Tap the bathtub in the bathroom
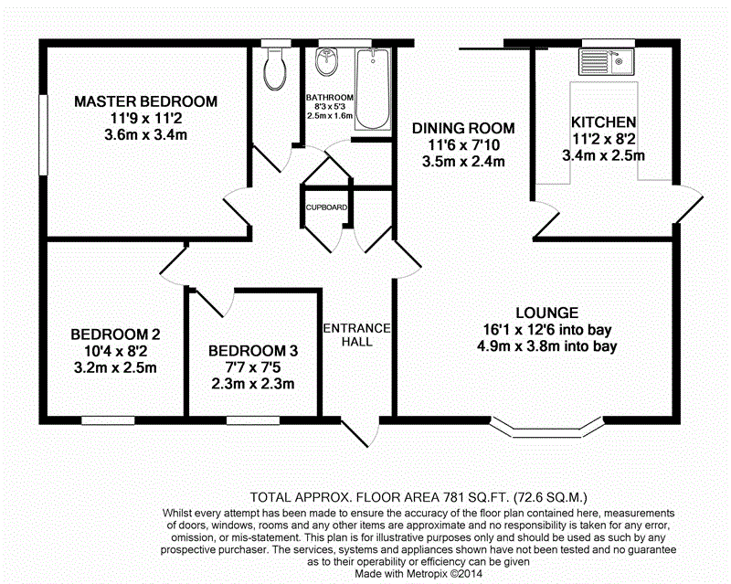[x=373, y=90]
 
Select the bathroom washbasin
[x=326, y=65]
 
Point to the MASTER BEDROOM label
[x=146, y=101]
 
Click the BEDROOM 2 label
[x=116, y=334]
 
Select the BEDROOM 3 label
[x=253, y=351]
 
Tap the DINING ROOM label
[x=462, y=129]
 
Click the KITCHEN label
[x=603, y=122]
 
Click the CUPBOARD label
[x=326, y=207]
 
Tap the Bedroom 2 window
[x=109, y=420]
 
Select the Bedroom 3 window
[x=252, y=420]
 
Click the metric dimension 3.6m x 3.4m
[x=146, y=136]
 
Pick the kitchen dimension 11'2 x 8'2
[x=603, y=139]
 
